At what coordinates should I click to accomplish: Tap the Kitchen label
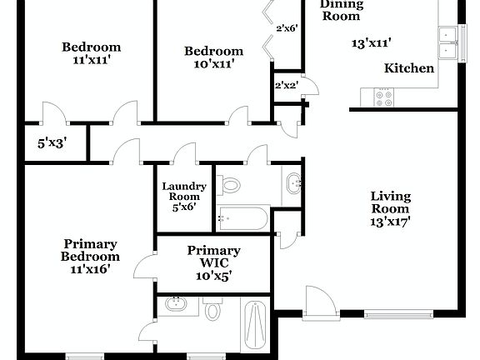408,68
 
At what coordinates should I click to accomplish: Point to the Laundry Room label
179,191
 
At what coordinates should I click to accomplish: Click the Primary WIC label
214,250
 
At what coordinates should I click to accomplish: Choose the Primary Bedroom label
91,250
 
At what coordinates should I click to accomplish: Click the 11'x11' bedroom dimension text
91,61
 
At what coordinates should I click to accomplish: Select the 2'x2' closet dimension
286,84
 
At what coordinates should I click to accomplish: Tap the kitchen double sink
449,43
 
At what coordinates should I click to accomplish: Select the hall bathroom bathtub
242,219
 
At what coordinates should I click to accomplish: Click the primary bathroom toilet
212,311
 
